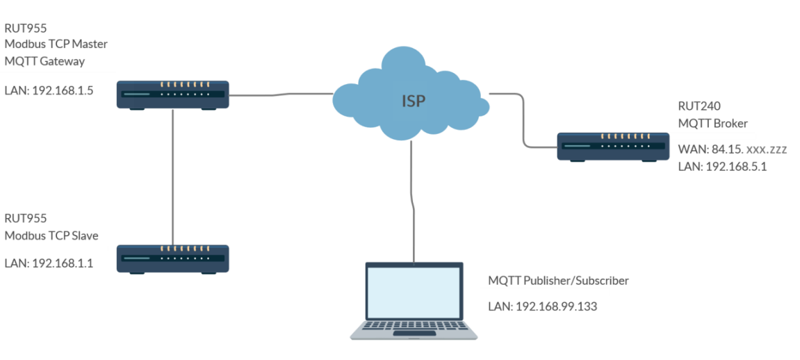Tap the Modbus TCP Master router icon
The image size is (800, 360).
(172, 94)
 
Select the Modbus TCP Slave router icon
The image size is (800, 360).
(172, 258)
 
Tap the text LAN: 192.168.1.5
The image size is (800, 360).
(48, 90)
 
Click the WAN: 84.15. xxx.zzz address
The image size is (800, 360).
(733, 149)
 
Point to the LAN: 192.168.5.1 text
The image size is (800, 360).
(722, 167)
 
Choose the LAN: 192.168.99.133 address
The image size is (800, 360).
(542, 306)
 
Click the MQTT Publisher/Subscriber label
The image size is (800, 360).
(558, 281)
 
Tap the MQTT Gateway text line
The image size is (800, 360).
(44, 61)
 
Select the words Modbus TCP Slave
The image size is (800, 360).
(51, 236)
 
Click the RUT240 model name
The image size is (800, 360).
(699, 106)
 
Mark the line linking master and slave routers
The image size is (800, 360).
(172, 174)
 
